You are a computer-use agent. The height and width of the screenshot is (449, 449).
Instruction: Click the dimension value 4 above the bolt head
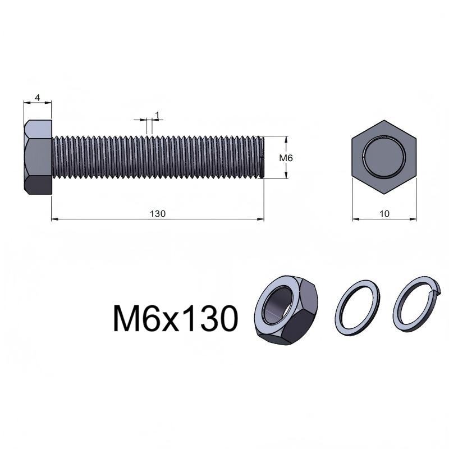[x=38, y=98]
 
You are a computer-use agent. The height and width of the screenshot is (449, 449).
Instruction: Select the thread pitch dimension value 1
[x=157, y=115]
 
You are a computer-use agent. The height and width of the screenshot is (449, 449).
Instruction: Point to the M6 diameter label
[x=286, y=158]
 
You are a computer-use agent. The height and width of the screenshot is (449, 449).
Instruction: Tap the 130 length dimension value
[x=158, y=214]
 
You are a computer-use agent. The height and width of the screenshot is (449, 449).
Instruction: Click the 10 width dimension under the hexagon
[x=384, y=214]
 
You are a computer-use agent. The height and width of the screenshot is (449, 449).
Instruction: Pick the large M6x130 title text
[x=176, y=318]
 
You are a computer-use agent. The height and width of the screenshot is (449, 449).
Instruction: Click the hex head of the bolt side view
[x=38, y=157]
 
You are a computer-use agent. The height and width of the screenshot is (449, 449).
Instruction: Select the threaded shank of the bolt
[x=158, y=157]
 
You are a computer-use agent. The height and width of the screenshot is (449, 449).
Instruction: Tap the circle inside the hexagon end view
[x=384, y=157]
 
